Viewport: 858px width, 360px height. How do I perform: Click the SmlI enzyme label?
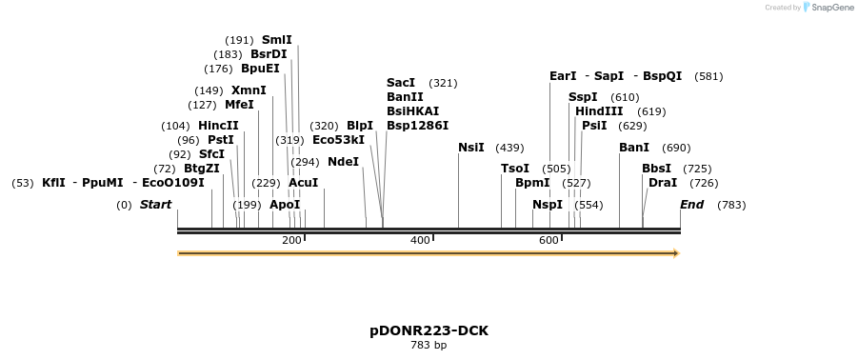tap(277, 40)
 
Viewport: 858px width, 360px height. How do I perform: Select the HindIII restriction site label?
tap(599, 111)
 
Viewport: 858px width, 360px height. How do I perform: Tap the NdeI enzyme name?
tap(343, 162)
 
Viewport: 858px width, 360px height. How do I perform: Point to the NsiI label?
tap(470, 148)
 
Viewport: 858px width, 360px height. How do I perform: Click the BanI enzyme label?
tap(634, 148)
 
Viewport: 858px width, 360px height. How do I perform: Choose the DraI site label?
tap(662, 182)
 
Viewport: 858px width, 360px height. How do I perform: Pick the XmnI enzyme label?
tap(249, 90)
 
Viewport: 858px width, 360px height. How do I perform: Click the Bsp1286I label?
tap(417, 126)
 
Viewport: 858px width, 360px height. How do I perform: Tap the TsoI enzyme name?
tap(514, 169)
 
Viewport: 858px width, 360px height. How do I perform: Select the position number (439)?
tap(509, 148)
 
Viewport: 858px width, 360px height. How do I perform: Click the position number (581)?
tap(708, 76)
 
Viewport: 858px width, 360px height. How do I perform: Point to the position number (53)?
tap(23, 183)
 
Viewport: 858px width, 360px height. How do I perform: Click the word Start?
tap(156, 205)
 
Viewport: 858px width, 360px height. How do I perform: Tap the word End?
tap(692, 205)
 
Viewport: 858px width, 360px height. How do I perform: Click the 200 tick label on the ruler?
tap(291, 240)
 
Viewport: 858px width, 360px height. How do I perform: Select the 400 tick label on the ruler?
tap(420, 240)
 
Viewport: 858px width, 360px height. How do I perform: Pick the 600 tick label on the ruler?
tap(549, 240)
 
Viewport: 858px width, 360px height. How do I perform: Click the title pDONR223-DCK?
tap(429, 330)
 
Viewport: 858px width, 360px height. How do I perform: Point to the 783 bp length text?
tap(429, 346)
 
